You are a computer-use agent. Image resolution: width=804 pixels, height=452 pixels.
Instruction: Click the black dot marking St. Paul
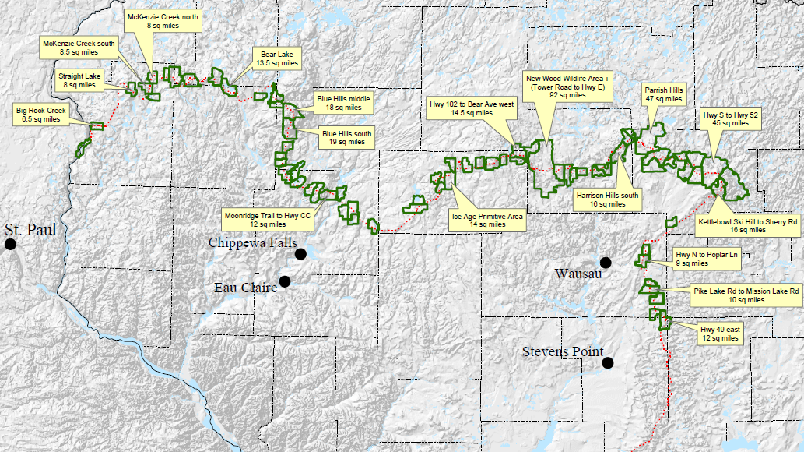pyautogui.click(x=10, y=245)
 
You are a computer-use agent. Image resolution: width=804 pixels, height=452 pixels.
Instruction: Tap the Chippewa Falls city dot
pyautogui.click(x=300, y=254)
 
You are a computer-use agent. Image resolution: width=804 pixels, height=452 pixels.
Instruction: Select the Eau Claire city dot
pyautogui.click(x=285, y=281)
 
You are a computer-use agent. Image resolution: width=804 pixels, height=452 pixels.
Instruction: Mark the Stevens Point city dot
pyautogui.click(x=607, y=362)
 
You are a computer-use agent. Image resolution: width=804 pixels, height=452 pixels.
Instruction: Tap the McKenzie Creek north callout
pyautogui.click(x=163, y=20)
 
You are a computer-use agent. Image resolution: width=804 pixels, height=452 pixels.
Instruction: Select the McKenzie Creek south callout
pyautogui.click(x=79, y=48)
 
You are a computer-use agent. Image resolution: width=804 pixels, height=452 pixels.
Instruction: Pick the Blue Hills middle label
pyautogui.click(x=343, y=104)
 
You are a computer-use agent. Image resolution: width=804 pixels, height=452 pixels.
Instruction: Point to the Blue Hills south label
pyautogui.click(x=347, y=138)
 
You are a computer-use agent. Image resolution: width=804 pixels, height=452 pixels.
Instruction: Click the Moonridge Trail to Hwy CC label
pyautogui.click(x=267, y=219)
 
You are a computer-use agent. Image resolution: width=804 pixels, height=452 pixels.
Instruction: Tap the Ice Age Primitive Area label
pyautogui.click(x=488, y=220)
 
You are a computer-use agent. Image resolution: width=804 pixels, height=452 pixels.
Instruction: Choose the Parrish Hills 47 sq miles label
pyautogui.click(x=664, y=94)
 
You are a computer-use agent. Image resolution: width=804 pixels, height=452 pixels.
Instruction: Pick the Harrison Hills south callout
pyautogui.click(x=608, y=200)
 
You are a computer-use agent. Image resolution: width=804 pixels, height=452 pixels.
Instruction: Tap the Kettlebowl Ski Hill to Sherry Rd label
pyautogui.click(x=748, y=225)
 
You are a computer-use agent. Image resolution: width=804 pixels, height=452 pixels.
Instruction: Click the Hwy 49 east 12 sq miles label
pyautogui.click(x=720, y=334)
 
